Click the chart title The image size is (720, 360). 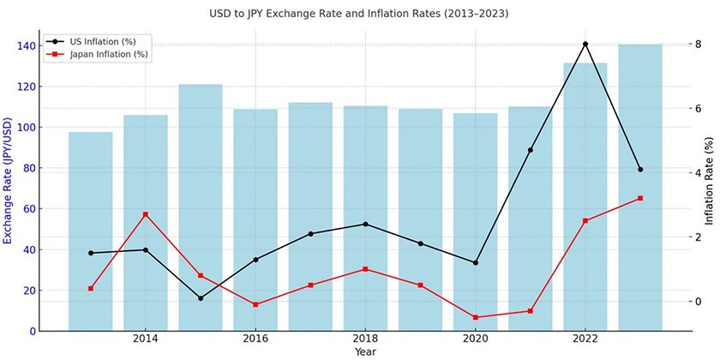[x=359, y=15]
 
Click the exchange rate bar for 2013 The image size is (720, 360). [x=90, y=231]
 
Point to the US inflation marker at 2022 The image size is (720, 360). [x=585, y=44]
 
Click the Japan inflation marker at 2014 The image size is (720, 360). [x=146, y=214]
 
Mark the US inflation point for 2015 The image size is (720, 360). [x=201, y=298]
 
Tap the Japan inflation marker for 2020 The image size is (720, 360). [x=475, y=317]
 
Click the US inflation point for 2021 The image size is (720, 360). [x=531, y=150]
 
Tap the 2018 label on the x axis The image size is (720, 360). [x=365, y=339]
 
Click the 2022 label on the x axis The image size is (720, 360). [x=585, y=339]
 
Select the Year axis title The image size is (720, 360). [x=365, y=351]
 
